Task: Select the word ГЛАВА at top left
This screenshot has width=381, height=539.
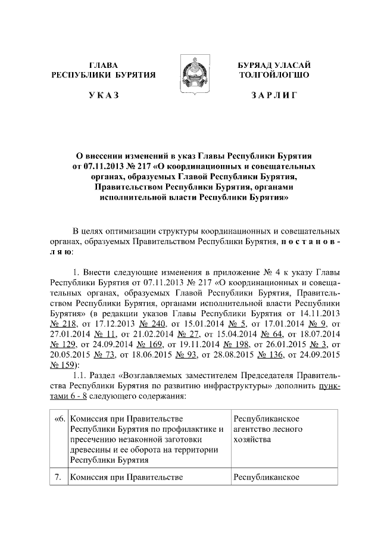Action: [103, 64]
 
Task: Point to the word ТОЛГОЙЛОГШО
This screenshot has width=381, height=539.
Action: [273, 75]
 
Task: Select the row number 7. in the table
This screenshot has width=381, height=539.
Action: [58, 476]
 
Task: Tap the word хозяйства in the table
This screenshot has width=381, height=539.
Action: [253, 440]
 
